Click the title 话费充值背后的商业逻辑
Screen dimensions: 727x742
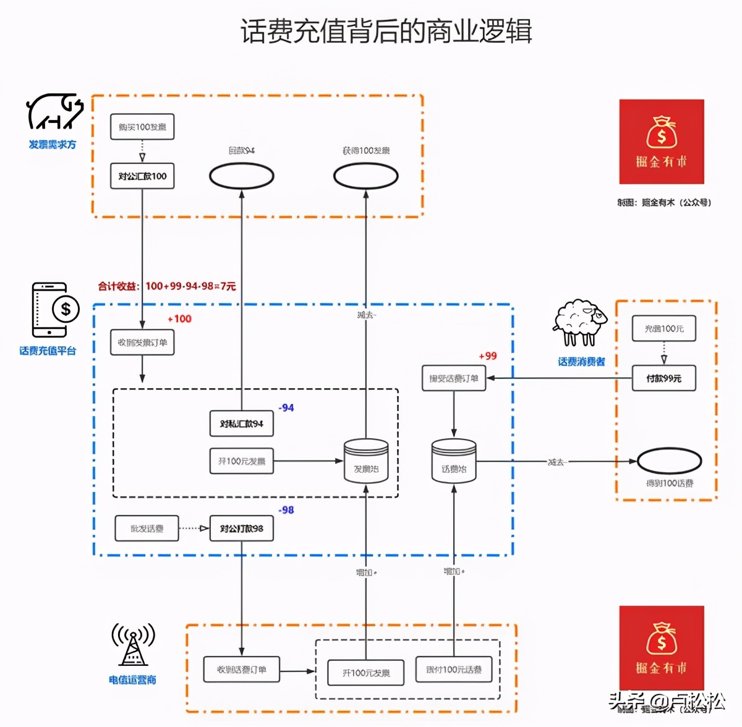click(386, 31)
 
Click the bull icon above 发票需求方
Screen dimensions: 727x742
click(54, 111)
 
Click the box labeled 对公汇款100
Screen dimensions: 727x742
click(142, 176)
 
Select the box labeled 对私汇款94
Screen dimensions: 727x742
click(241, 423)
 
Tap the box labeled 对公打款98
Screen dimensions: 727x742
click(241, 529)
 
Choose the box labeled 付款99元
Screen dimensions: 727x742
click(663, 378)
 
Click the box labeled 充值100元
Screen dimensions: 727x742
click(663, 328)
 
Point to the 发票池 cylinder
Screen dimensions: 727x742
click(366, 461)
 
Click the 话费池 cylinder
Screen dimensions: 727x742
click(454, 461)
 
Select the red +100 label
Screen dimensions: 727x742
click(180, 319)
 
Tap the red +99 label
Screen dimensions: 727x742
click(488, 356)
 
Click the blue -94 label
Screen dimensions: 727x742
click(286, 408)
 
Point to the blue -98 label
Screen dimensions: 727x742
click(286, 510)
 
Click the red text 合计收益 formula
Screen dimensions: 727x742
click(167, 286)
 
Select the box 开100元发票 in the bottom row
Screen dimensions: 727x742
click(366, 673)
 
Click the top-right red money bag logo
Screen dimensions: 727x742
click(662, 142)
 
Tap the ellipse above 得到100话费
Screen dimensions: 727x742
click(669, 461)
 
